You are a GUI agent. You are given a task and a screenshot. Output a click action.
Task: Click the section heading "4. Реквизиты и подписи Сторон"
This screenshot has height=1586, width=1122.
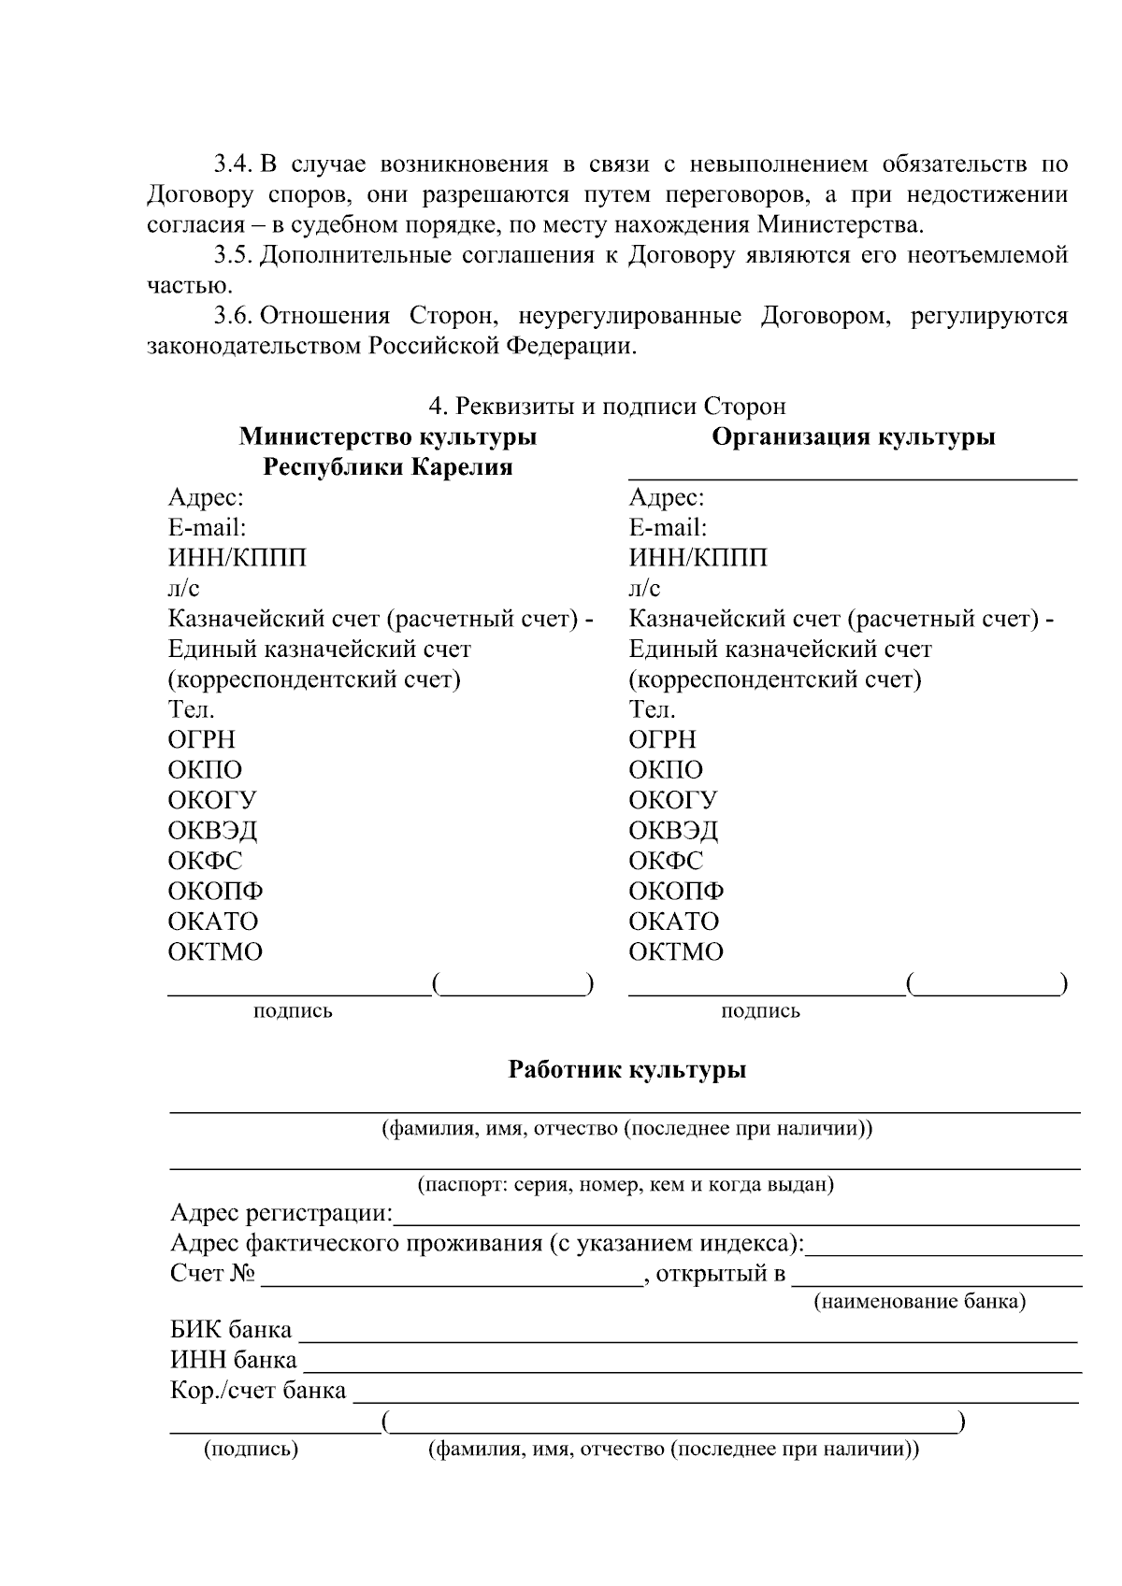coord(607,406)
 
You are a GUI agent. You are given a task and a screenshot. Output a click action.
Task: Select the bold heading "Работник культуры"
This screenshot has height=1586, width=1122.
coord(626,1069)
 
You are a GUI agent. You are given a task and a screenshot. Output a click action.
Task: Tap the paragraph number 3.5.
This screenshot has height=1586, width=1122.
coord(232,255)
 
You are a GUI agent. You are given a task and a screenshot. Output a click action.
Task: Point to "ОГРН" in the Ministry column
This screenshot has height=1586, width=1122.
coord(201,739)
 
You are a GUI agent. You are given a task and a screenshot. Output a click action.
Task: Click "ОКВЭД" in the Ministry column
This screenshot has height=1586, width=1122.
coord(212,830)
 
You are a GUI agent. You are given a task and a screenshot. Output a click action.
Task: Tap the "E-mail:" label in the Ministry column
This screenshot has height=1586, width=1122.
coord(207,527)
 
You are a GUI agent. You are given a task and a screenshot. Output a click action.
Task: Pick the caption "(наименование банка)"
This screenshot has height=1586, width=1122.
coord(919,1301)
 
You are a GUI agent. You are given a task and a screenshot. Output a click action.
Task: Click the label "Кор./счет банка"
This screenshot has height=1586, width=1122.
coord(258,1390)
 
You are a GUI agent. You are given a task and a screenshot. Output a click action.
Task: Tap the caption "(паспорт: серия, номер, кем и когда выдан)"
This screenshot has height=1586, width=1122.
coord(625,1184)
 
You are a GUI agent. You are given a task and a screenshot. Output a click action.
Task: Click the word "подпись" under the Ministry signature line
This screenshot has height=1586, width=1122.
coord(293,1010)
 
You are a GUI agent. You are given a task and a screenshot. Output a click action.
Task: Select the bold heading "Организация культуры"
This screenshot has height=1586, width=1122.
coord(853,436)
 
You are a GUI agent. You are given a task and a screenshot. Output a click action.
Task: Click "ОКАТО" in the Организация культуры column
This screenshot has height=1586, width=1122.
coord(673,921)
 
